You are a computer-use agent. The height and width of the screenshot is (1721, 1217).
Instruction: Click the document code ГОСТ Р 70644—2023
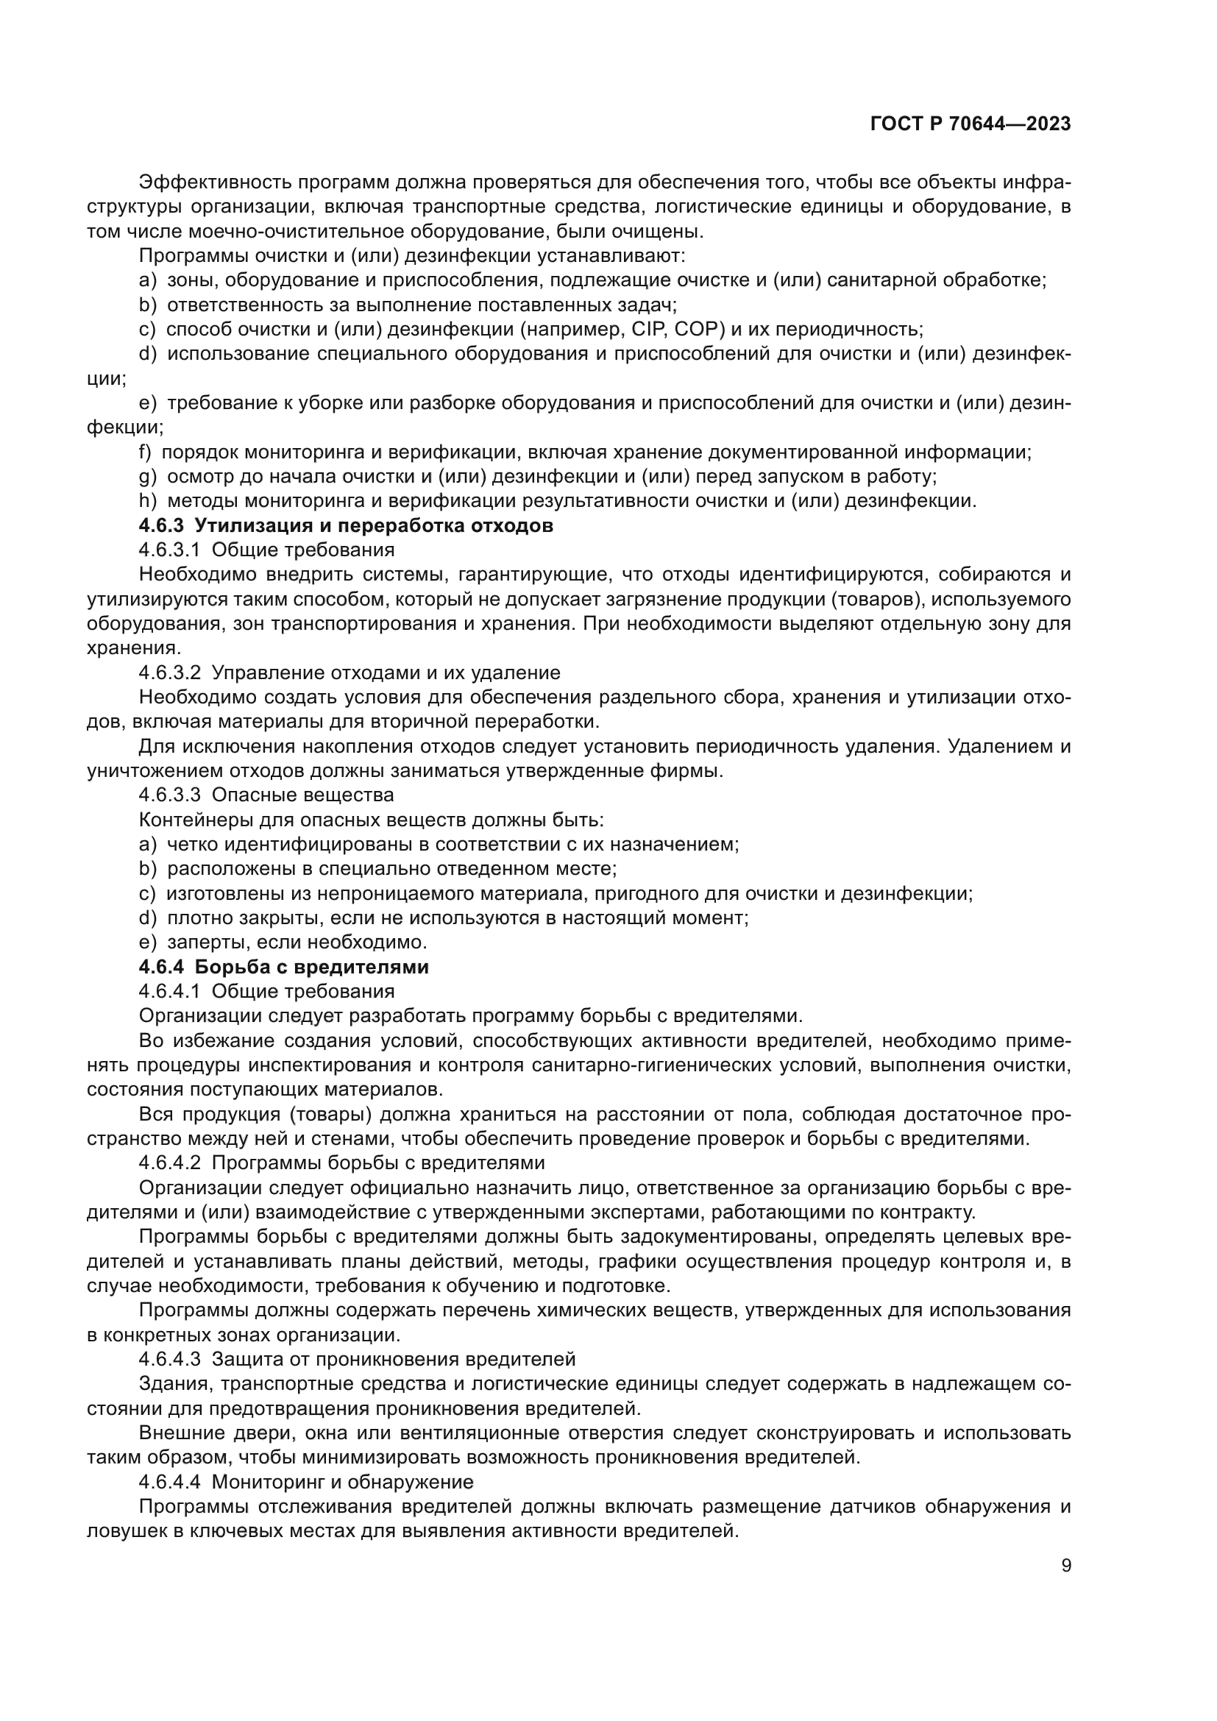pos(970,124)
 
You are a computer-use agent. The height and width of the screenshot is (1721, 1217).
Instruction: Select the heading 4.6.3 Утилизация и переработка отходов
pos(347,525)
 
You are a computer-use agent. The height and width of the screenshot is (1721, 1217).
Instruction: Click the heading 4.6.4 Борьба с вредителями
pos(284,967)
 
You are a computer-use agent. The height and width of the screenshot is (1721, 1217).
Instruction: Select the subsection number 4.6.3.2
pos(169,673)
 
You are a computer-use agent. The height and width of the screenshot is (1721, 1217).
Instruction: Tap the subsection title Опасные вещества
pos(302,795)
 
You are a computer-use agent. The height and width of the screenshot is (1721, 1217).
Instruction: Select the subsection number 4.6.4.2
pos(169,1163)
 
